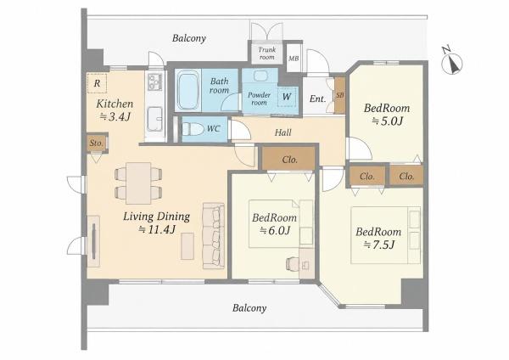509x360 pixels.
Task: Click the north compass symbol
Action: [x=451, y=62]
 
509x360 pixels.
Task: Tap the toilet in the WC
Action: [x=193, y=129]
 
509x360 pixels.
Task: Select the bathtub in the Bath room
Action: [x=188, y=90]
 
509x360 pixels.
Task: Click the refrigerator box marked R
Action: [x=97, y=83]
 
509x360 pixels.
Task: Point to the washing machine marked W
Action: [x=287, y=97]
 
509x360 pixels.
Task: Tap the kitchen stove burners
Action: [x=155, y=82]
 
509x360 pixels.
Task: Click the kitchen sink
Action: [x=154, y=119]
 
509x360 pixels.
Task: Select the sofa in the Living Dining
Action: [x=213, y=236]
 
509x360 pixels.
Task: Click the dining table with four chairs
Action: [x=138, y=183]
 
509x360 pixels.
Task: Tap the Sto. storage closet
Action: [x=97, y=143]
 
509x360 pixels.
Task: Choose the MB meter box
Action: [x=294, y=59]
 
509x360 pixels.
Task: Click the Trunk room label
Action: [x=267, y=53]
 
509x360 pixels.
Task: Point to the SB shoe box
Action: [x=339, y=96]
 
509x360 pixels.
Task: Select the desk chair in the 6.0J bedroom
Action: [x=294, y=264]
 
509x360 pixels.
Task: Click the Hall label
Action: [x=282, y=132]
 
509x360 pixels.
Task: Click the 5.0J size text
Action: [x=388, y=121]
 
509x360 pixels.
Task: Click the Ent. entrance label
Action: [x=317, y=98]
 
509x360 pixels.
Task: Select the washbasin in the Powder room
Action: [x=260, y=76]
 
